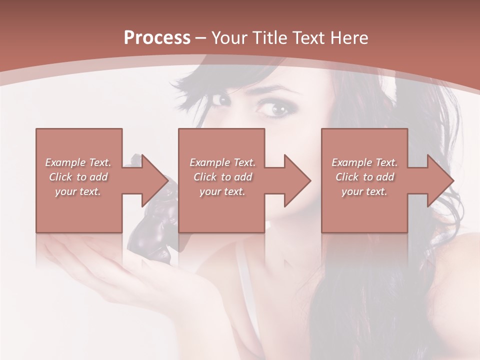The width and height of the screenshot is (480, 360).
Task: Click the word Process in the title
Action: tap(157, 37)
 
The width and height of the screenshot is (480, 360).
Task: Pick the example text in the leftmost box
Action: tap(78, 177)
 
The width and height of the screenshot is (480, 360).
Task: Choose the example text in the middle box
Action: tap(222, 177)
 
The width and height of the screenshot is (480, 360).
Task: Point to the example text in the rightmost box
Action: tap(364, 177)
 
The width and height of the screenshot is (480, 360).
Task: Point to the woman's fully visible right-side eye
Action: tap(274, 107)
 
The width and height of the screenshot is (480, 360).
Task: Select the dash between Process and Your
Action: tap(201, 38)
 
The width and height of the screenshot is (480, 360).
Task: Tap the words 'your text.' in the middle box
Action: tap(222, 191)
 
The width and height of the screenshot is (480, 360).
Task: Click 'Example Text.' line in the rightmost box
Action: tap(364, 162)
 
